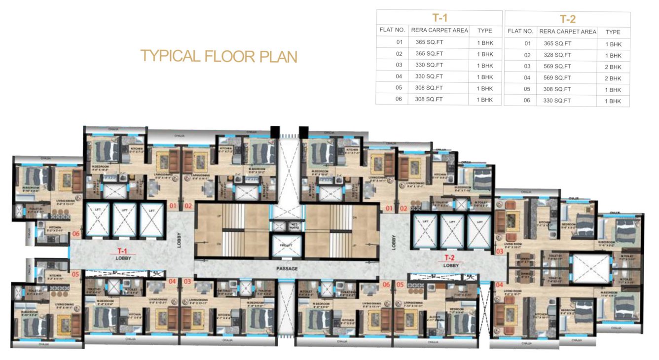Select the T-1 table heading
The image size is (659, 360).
coord(439,18)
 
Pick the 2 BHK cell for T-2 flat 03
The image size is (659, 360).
coord(613,67)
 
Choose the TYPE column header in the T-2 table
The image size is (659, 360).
coord(613,32)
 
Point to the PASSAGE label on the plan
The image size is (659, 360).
coord(287,269)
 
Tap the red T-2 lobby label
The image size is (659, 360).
coord(449,258)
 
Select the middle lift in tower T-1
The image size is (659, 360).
coord(123,220)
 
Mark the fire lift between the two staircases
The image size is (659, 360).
coord(287,245)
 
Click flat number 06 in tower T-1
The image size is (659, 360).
coord(76,234)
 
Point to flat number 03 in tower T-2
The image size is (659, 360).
coord(499,252)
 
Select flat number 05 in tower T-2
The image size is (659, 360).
coord(400,285)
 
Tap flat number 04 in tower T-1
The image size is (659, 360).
coord(172,282)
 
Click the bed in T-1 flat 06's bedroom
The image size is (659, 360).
coord(34,177)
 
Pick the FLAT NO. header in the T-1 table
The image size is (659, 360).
coord(392,30)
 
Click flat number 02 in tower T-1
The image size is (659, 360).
coord(187,206)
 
